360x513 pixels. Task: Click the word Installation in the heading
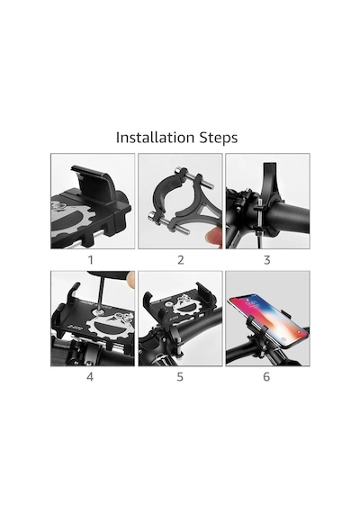click(154, 138)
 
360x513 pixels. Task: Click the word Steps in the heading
click(218, 138)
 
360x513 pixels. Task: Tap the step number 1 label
click(91, 260)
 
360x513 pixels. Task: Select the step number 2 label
click(181, 260)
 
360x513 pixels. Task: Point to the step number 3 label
click(267, 260)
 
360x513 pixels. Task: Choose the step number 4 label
click(90, 377)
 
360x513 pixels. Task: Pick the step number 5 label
click(180, 377)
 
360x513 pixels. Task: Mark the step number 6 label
click(266, 377)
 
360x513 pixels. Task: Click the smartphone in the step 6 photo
click(268, 320)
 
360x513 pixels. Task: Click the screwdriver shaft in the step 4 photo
click(101, 296)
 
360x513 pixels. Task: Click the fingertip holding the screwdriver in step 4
click(130, 280)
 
